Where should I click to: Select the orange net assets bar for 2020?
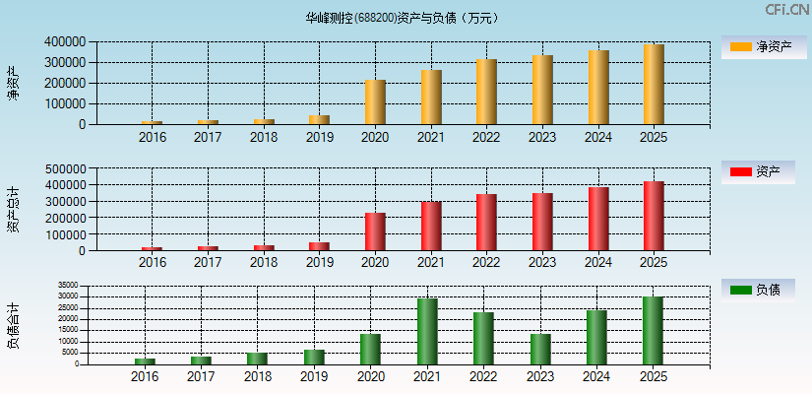[x=375, y=102]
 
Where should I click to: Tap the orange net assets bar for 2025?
[x=654, y=85]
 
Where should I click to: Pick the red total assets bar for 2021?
[x=431, y=227]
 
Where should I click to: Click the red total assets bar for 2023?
[x=542, y=222]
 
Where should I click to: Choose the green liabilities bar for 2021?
[x=427, y=331]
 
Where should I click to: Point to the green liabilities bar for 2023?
[x=540, y=349]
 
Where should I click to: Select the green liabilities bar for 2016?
[x=145, y=361]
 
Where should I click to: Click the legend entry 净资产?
[x=757, y=46]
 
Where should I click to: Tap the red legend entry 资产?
[x=757, y=172]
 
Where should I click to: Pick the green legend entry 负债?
[x=757, y=290]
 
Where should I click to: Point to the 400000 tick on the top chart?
[x=64, y=42]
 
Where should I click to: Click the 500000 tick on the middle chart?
[x=64, y=168]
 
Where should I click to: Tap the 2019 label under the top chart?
[x=319, y=137]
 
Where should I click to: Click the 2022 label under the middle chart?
[x=486, y=262]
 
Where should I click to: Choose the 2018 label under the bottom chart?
[x=257, y=376]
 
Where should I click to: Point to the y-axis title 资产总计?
[x=13, y=209]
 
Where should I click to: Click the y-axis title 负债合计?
[x=13, y=327]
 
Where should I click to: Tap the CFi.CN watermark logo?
[x=786, y=10]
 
